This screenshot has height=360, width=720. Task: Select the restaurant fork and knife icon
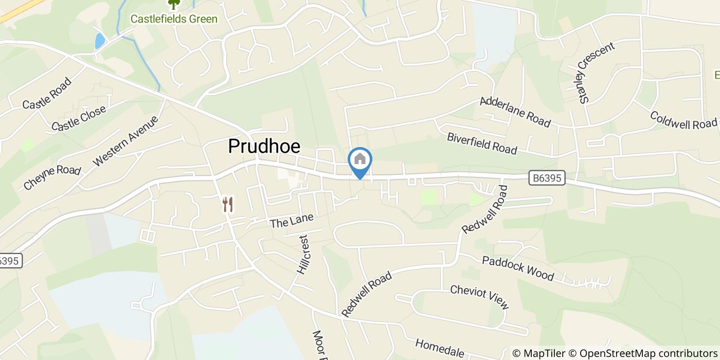[x=228, y=204]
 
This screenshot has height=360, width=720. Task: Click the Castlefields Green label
[x=174, y=19]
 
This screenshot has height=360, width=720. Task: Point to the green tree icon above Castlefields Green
[x=174, y=4]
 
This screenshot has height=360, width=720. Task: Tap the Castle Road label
[x=47, y=93]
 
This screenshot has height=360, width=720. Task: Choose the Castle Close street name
[x=79, y=118]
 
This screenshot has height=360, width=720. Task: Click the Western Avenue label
[x=125, y=141]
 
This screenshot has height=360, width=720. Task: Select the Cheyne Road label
[x=52, y=177]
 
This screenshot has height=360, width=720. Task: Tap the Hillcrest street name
[x=303, y=255]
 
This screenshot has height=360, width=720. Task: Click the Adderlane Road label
[x=515, y=112]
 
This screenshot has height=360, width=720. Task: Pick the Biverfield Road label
[x=482, y=143]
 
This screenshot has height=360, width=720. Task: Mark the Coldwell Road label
[x=683, y=120]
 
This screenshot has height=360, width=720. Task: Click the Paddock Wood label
[x=518, y=268]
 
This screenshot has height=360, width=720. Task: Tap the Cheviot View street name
[x=479, y=297]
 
